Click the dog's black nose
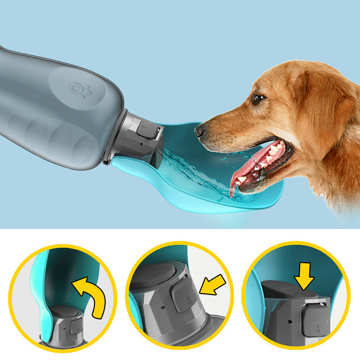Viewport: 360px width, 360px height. [x=200, y=131]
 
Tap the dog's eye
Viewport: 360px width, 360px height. [x=258, y=98]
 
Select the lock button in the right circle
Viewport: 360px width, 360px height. [x=315, y=321]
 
